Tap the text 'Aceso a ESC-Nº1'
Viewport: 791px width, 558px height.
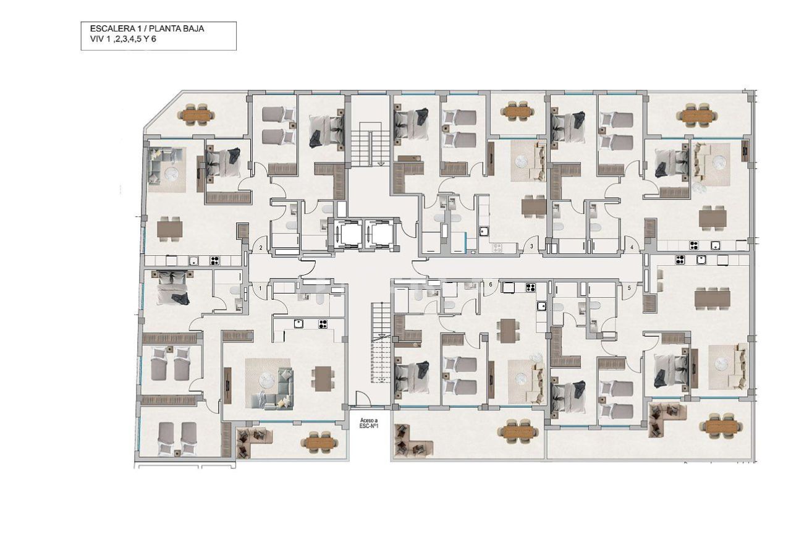pyautogui.click(x=369, y=423)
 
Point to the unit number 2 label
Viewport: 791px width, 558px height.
pyautogui.click(x=261, y=248)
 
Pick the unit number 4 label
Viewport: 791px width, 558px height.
pyautogui.click(x=632, y=248)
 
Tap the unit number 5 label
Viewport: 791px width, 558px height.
pyautogui.click(x=629, y=288)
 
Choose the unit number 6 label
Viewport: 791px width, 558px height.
pyautogui.click(x=491, y=285)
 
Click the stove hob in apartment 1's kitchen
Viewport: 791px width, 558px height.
pyautogui.click(x=323, y=323)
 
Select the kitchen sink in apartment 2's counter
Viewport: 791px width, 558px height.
pyautogui.click(x=193, y=260)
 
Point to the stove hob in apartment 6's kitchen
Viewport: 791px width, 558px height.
pyautogui.click(x=530, y=287)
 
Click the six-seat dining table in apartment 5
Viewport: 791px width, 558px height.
pyautogui.click(x=712, y=299)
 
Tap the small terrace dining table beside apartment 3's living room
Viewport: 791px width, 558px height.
pyautogui.click(x=517, y=112)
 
